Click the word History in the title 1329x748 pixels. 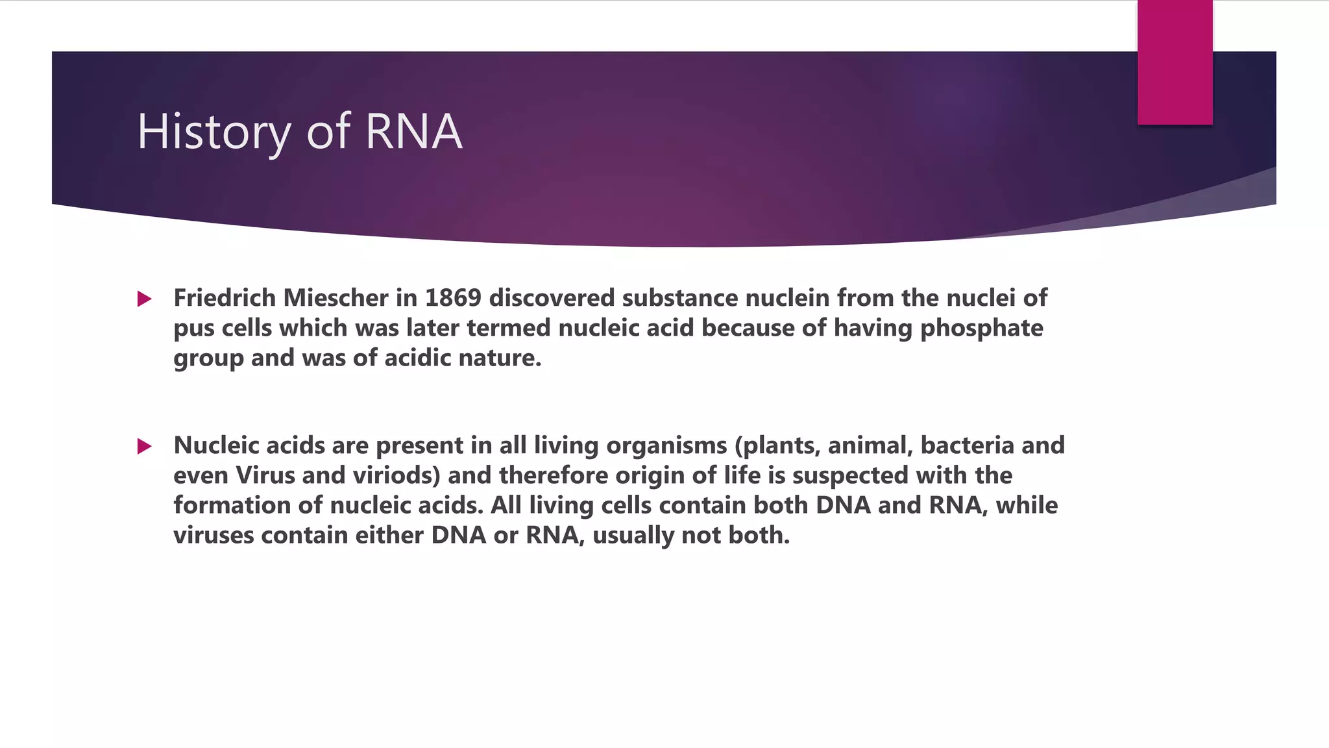(x=214, y=132)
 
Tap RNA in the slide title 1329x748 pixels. (x=413, y=132)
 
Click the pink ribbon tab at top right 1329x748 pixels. (x=1175, y=62)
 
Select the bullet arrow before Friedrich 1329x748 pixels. (x=144, y=299)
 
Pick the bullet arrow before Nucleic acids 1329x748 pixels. (x=144, y=447)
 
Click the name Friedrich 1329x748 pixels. (x=224, y=298)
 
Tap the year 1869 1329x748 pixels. (x=453, y=298)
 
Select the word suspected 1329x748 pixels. (x=850, y=476)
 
